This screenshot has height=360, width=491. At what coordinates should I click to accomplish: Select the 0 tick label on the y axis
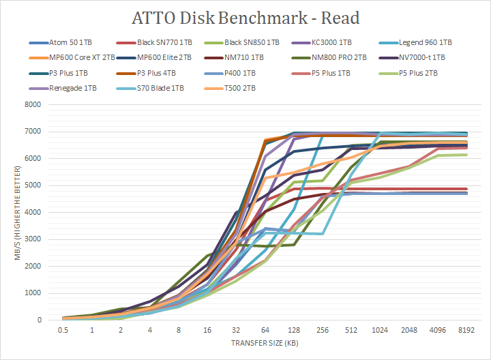tap(40, 320)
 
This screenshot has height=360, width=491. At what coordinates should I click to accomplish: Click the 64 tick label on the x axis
tap(263, 330)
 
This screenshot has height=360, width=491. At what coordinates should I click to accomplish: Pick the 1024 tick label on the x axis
tap(375, 330)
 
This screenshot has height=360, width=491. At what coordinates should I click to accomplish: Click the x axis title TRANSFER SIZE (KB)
tap(263, 343)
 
